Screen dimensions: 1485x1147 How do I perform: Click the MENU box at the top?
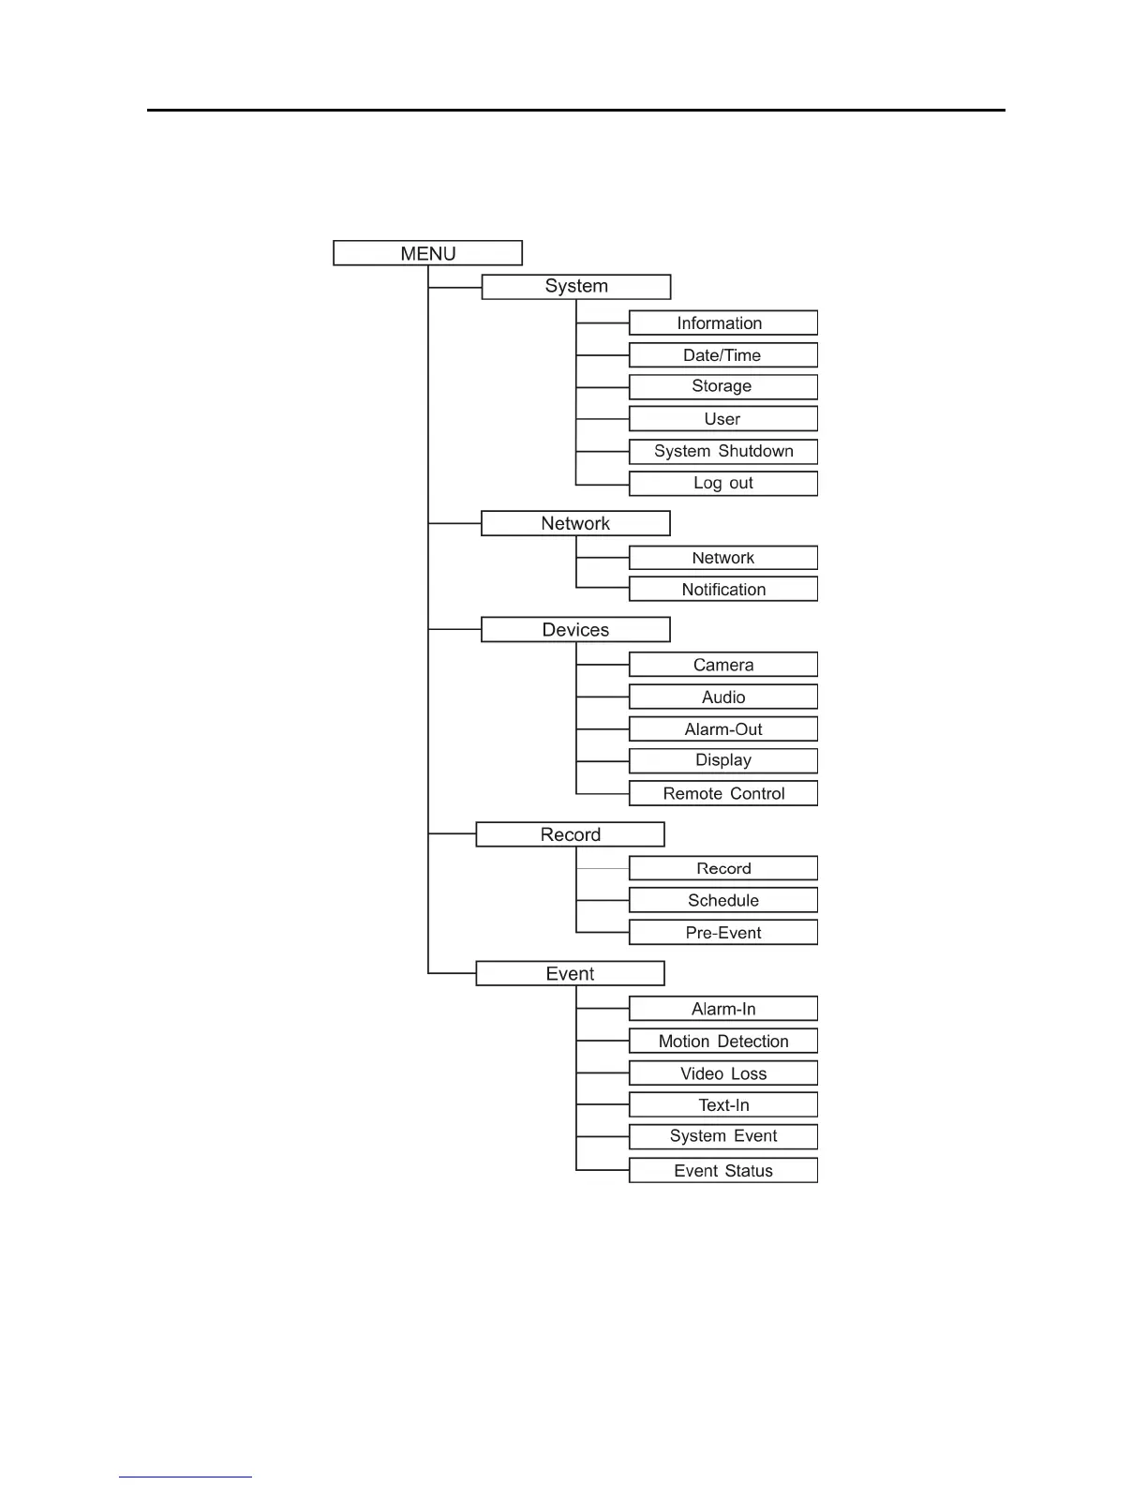[x=427, y=253]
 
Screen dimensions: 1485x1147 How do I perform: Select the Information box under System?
[x=722, y=323]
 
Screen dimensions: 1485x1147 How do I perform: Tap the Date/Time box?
[x=722, y=355]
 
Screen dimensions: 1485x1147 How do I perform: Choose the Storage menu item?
[x=722, y=386]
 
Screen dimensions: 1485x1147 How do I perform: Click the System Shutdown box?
[x=722, y=451]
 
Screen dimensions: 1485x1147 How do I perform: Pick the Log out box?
[x=722, y=483]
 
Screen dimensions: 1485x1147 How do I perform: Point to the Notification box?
[x=722, y=589]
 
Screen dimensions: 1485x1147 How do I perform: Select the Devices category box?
[x=575, y=630]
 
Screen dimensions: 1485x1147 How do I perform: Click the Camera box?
[x=722, y=665]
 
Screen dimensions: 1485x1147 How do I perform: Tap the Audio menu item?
[x=722, y=697]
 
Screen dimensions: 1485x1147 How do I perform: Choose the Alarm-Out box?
[x=722, y=729]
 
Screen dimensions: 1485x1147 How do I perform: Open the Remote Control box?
[x=722, y=793]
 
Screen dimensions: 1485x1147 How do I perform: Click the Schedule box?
[x=722, y=900]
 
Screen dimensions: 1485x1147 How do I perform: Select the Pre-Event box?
[x=722, y=932]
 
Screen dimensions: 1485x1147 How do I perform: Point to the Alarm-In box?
[x=722, y=1009]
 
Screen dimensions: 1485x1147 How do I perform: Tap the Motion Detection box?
[x=722, y=1041]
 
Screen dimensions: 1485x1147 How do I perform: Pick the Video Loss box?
[x=722, y=1073]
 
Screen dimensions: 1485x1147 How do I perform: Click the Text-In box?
[x=722, y=1104]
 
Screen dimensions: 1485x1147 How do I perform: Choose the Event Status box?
[x=722, y=1170]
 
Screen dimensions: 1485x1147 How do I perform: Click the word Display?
[x=723, y=760]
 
